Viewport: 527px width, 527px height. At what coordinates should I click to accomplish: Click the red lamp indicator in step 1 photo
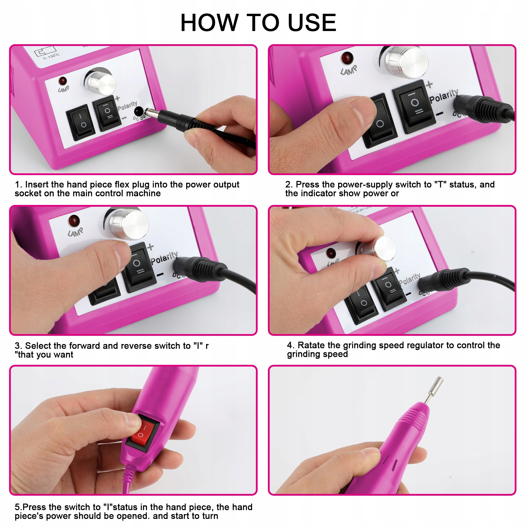(x=63, y=81)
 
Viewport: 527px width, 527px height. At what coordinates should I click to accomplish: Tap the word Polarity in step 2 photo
(x=444, y=96)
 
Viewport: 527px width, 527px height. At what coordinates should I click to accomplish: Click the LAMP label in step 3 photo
(x=75, y=232)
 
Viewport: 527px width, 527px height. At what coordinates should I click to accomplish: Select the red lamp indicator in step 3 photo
(x=74, y=220)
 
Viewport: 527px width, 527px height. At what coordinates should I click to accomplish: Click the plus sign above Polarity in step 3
(x=150, y=247)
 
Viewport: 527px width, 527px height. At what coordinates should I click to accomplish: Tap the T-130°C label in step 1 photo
(x=51, y=56)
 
